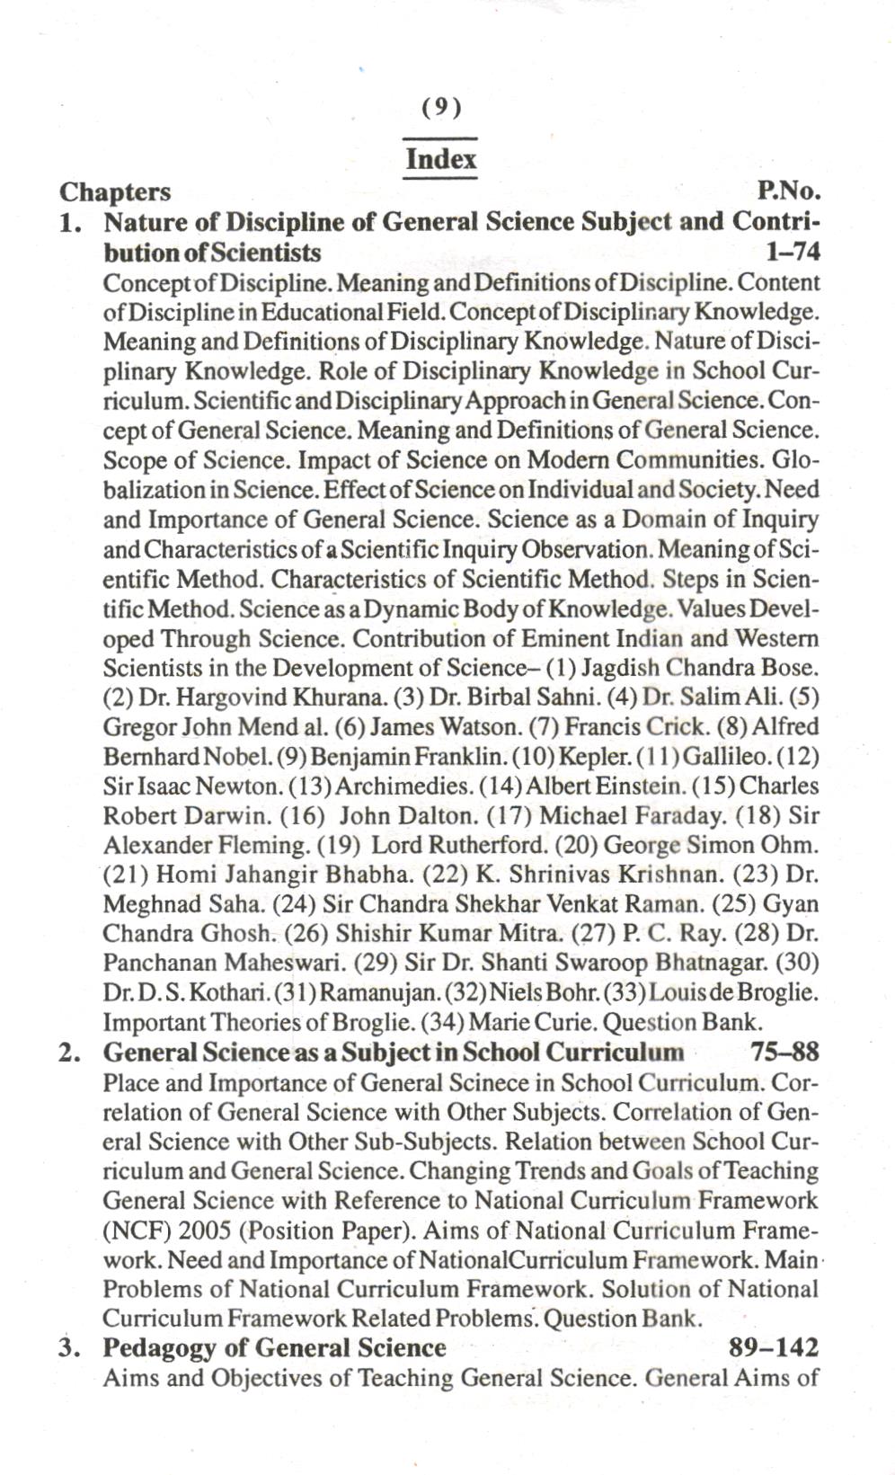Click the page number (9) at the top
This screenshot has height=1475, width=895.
(x=440, y=108)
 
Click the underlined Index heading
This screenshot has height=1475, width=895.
(x=440, y=160)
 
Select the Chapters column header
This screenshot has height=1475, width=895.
(x=114, y=191)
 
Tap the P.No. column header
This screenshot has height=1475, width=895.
(x=790, y=191)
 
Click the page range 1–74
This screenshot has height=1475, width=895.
(x=793, y=252)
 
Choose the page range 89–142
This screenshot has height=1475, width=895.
(x=774, y=1348)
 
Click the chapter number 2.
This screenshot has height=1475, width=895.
(x=69, y=1053)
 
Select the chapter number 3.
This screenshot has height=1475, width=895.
(x=69, y=1348)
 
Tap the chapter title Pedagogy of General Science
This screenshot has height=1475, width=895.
(x=274, y=1348)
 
